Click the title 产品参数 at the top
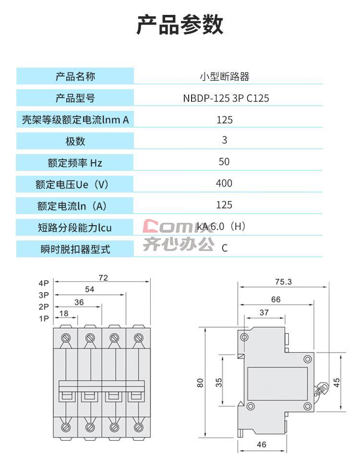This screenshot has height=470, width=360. pos(180,24)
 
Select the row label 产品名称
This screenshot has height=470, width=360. pos(75,77)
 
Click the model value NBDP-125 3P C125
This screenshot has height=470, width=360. pos(226,98)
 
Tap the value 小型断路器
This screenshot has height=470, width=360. pos(225,77)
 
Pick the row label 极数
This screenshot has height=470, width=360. pos(75,141)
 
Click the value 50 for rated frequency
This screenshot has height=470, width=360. pos(224,162)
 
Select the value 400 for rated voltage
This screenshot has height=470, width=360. pos(224,183)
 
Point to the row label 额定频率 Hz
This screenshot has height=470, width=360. pos(75,163)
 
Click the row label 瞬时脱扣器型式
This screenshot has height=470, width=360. pos(75,249)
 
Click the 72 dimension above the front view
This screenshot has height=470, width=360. pos(103,278)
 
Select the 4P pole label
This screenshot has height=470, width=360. pos(44,283)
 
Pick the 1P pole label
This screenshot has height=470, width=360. pos(44,318)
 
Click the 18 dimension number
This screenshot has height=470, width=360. pos(64,313)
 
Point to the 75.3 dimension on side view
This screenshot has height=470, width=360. pos(283,282)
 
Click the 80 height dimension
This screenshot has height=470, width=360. pos(200,383)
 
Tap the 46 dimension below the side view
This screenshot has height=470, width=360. pos(262,445)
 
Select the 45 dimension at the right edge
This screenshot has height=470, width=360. pos(336,383)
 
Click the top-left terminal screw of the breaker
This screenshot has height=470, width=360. pos(66,338)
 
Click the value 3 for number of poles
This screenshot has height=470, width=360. pos(225,140)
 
